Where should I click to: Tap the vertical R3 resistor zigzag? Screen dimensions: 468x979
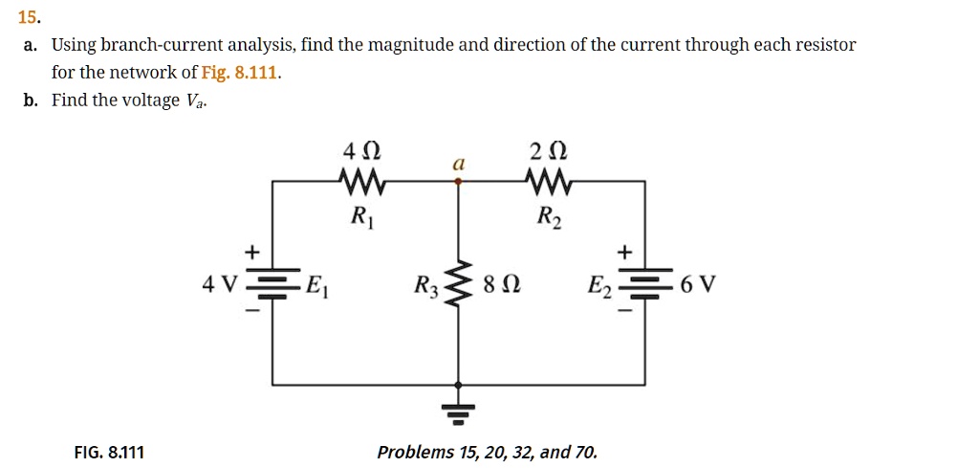point(460,283)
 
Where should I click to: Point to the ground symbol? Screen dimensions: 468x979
point(460,408)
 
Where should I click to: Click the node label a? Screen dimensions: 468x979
point(459,165)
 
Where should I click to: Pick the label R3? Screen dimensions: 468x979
point(425,286)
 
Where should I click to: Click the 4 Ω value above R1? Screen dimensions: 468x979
point(362,152)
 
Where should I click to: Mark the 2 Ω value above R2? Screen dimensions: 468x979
point(550,152)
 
